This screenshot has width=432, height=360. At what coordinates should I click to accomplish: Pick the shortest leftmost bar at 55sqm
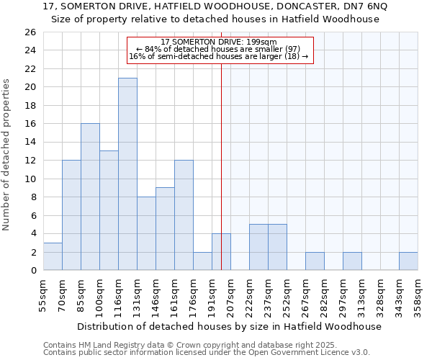pyautogui.click(x=53, y=256)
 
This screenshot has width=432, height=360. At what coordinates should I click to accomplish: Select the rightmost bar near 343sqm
pyautogui.click(x=408, y=261)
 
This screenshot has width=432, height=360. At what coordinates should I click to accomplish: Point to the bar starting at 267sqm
pyautogui.click(x=315, y=261)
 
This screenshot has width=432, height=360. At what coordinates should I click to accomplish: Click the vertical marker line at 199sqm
pyautogui.click(x=221, y=144)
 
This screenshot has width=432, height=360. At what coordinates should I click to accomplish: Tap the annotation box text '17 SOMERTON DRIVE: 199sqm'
pyautogui.click(x=219, y=42)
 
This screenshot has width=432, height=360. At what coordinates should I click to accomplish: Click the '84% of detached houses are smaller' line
pyautogui.click(x=219, y=49)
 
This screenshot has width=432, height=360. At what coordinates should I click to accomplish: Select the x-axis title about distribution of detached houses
pyautogui.click(x=229, y=326)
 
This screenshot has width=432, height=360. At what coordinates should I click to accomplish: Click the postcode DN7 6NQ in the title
pyautogui.click(x=365, y=6)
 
